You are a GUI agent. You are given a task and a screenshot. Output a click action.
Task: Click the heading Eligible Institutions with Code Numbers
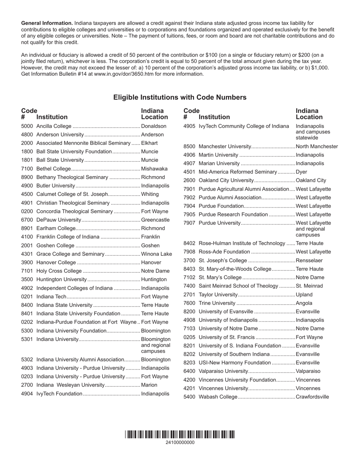[180, 97]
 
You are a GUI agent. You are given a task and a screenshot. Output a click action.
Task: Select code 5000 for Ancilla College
[27, 126]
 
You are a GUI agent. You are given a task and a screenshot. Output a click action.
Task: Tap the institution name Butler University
[56, 186]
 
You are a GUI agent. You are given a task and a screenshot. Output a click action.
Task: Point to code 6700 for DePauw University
[27, 220]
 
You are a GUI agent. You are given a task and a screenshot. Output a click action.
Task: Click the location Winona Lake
[156, 254]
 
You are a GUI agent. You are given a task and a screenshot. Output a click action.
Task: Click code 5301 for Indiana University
[27, 339]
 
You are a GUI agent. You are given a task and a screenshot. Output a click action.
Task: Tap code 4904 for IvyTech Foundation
[27, 394]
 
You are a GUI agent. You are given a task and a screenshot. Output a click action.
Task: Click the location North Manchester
[317, 147]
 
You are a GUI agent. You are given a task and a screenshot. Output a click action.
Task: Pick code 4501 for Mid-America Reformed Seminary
[189, 172]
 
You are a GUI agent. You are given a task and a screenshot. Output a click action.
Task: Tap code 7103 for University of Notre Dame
[189, 328]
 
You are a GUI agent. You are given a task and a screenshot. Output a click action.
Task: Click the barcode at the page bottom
[180, 435]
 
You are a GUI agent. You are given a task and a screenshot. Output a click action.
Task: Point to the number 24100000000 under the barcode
[180, 443]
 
